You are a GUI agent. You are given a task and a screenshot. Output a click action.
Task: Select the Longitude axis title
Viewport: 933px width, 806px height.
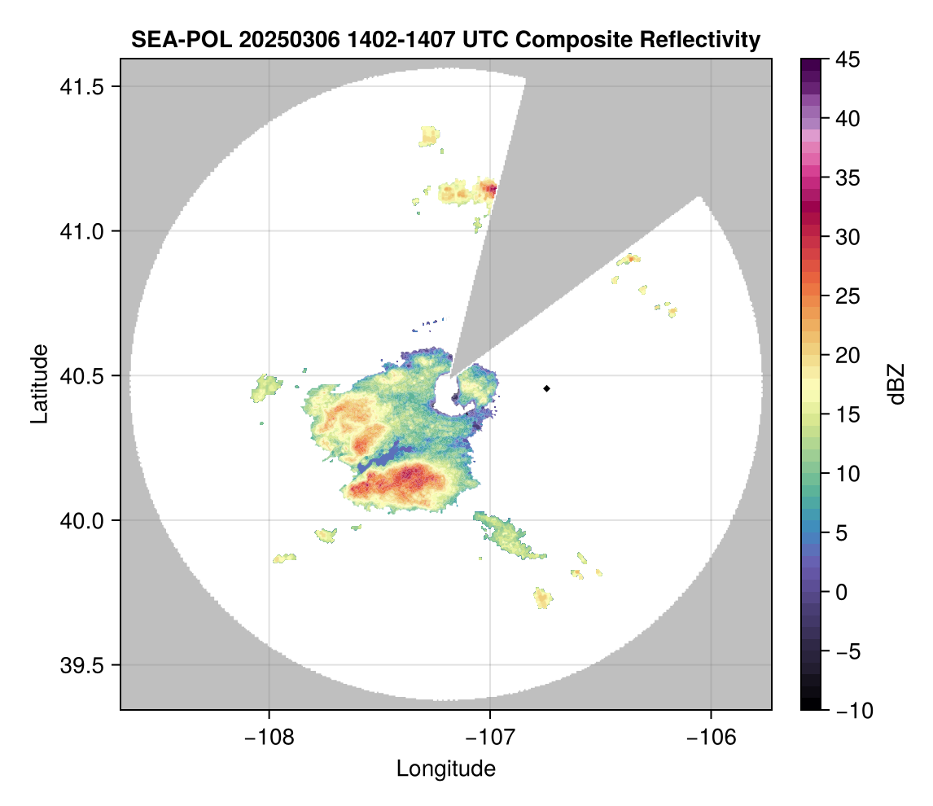click(445, 768)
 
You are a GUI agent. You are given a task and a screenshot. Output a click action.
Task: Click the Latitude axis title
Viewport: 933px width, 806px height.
click(39, 383)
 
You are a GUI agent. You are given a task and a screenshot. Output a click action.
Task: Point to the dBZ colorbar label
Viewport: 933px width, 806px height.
click(896, 383)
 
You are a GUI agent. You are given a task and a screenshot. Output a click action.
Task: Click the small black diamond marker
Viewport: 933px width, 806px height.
click(547, 388)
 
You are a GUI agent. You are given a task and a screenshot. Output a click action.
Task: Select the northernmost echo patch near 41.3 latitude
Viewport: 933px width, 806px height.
click(429, 135)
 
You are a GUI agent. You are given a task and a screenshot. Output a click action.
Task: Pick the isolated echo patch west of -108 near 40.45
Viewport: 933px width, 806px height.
click(265, 386)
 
